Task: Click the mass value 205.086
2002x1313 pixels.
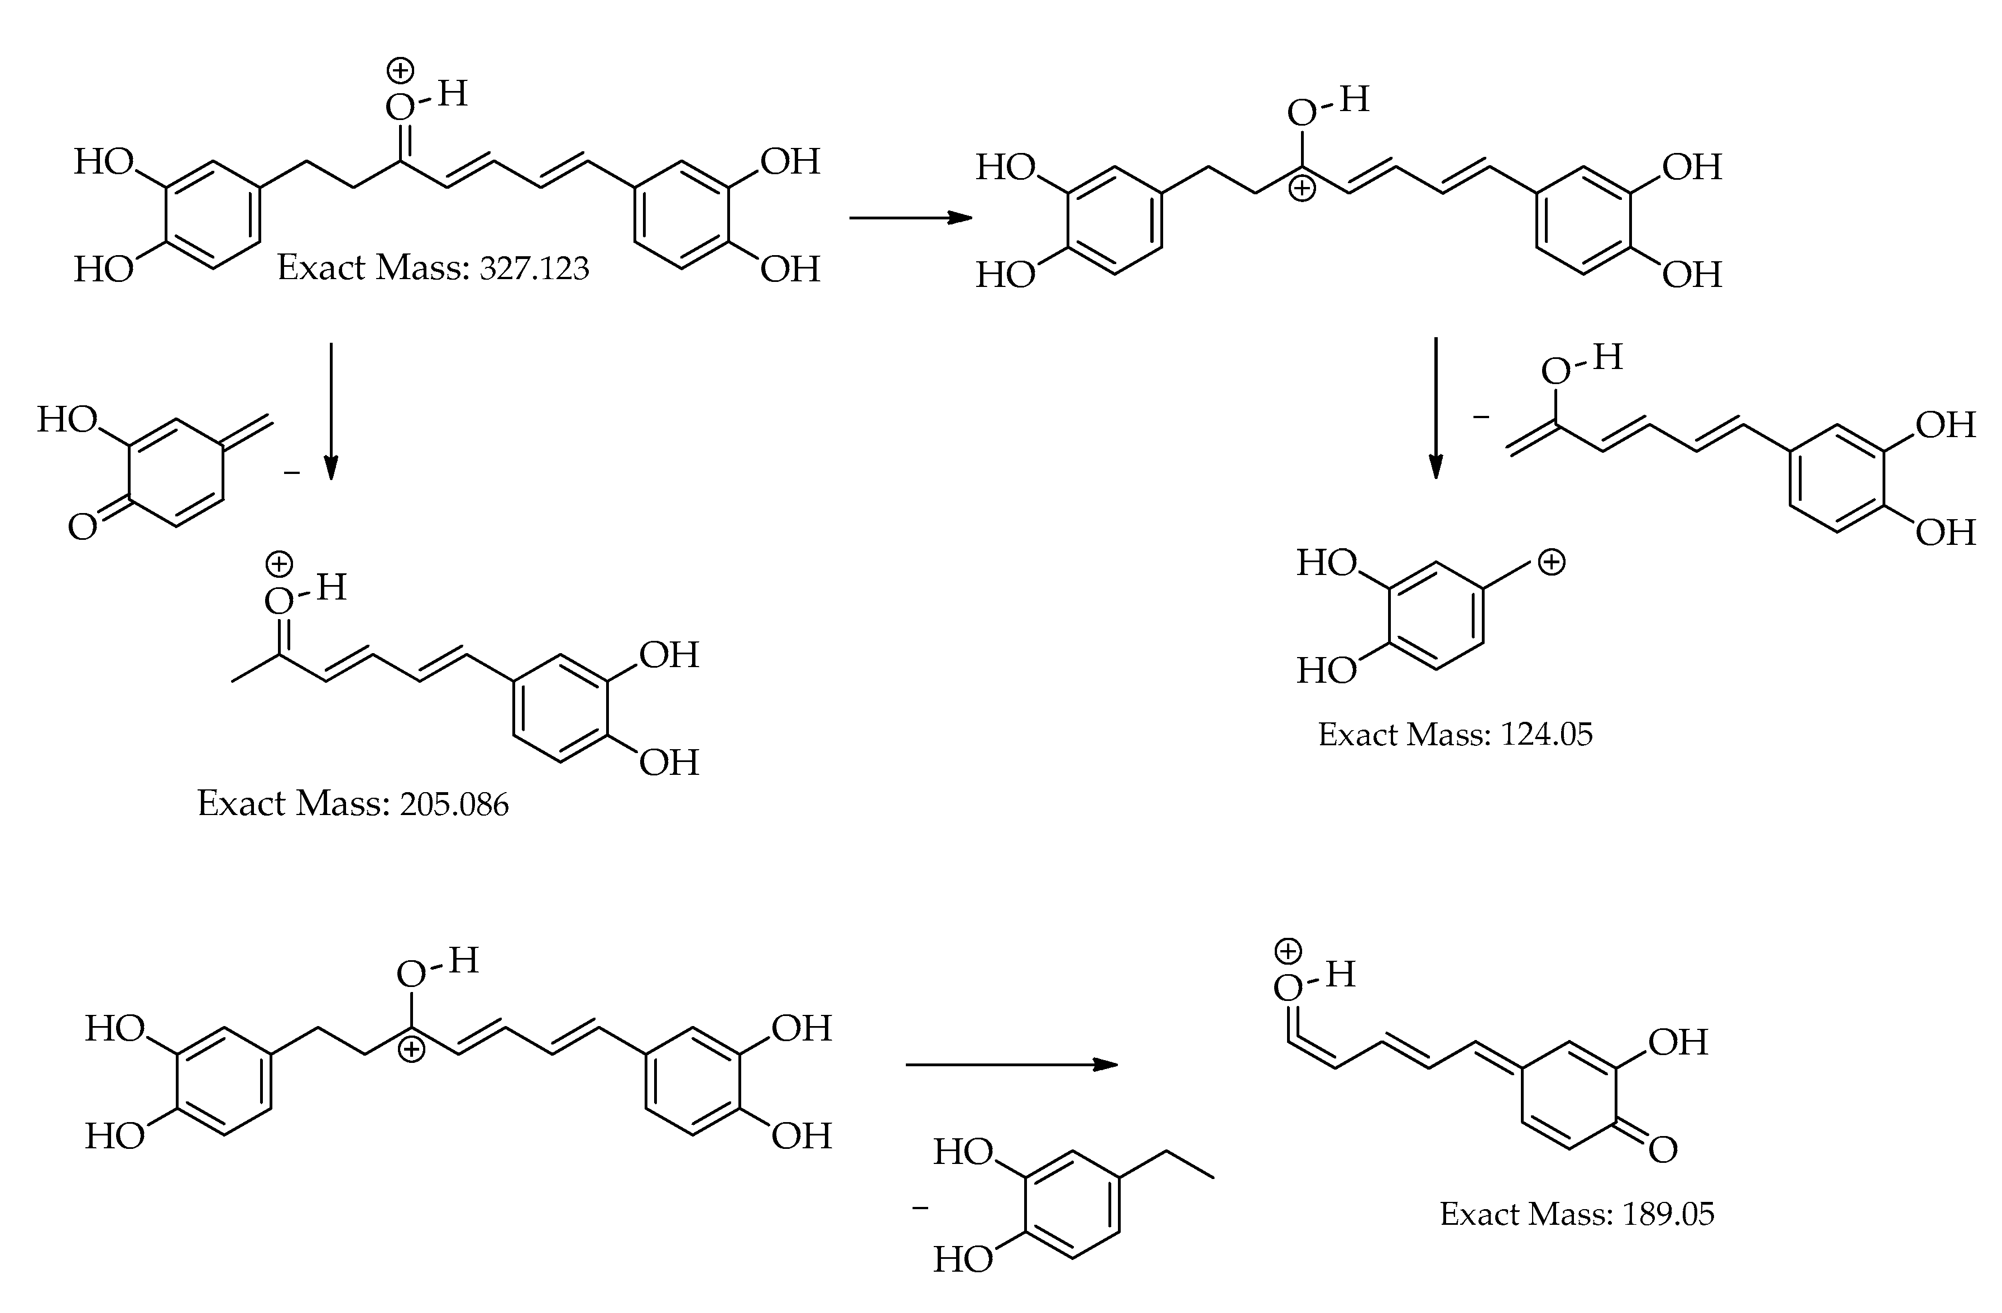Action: (454, 805)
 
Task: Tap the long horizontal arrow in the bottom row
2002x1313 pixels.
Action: (1011, 1065)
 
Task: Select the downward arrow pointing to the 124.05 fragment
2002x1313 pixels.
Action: (1436, 408)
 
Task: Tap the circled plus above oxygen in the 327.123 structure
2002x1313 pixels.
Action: (400, 71)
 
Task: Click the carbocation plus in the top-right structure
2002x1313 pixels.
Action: (1302, 189)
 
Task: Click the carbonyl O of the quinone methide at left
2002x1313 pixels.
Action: (83, 528)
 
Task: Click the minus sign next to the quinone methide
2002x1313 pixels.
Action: (292, 473)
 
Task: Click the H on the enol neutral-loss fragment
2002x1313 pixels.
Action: (1607, 357)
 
